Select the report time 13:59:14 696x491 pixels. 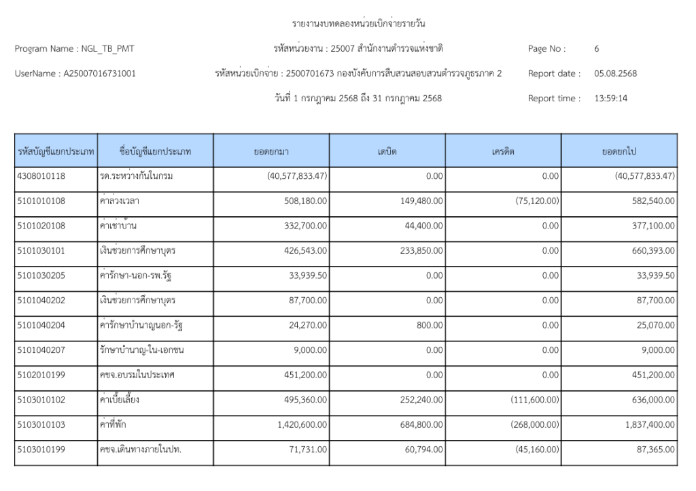click(608, 98)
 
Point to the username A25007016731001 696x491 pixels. click(99, 73)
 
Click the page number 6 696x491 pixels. click(596, 49)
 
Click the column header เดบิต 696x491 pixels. click(387, 151)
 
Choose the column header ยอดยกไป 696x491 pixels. click(619, 151)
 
